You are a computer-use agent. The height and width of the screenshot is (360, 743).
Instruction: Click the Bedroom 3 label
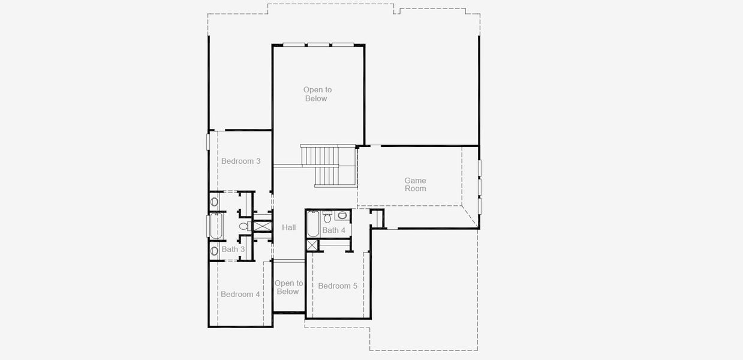(x=241, y=161)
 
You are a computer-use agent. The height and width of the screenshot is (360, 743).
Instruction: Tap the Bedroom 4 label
(x=240, y=295)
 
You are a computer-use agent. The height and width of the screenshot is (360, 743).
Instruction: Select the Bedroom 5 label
(x=338, y=286)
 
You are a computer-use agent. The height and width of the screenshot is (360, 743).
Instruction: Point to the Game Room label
(x=416, y=184)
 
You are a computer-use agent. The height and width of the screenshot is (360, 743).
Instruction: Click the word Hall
(x=289, y=227)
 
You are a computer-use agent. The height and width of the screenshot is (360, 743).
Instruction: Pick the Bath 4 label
(x=333, y=230)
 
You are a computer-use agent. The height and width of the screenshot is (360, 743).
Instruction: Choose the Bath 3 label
(x=233, y=249)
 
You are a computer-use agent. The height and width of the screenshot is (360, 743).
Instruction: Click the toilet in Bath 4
(x=327, y=217)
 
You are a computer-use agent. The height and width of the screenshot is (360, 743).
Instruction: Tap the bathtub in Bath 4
(x=313, y=224)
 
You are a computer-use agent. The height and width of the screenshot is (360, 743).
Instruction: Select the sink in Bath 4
(x=342, y=215)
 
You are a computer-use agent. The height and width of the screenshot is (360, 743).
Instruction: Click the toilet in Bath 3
(x=245, y=226)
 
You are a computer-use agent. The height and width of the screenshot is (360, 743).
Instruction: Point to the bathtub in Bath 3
(x=216, y=226)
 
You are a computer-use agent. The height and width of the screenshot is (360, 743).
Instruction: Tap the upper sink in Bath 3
(x=214, y=202)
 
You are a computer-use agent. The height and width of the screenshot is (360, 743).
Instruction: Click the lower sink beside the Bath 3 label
(x=214, y=251)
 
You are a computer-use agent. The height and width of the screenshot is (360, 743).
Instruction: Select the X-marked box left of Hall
(x=263, y=226)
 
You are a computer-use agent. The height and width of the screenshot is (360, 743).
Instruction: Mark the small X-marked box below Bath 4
(x=312, y=245)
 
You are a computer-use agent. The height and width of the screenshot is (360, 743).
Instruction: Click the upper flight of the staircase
(x=320, y=155)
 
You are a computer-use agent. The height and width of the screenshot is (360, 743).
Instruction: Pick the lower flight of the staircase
(x=327, y=176)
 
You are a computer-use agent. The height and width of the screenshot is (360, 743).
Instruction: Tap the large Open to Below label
(x=317, y=94)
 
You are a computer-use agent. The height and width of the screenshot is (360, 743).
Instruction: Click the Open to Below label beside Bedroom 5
(x=288, y=287)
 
